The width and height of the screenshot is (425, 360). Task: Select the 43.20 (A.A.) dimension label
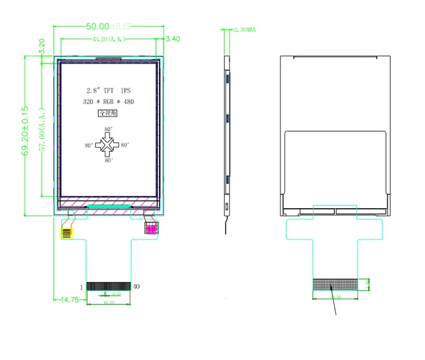point(109,39)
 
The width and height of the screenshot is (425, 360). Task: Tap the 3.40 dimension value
point(173,39)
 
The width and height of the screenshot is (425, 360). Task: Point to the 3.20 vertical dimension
point(41,45)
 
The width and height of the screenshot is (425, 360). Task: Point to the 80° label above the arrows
point(108,130)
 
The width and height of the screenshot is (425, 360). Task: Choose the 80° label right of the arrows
point(125,145)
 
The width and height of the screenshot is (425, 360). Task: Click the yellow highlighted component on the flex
point(67,232)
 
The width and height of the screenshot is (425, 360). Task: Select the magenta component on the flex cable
point(151,228)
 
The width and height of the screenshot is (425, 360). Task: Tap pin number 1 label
point(82,287)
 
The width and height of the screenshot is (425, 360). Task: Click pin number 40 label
point(136,287)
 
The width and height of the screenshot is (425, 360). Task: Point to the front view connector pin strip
point(109,286)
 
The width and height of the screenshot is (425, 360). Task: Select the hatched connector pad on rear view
point(335,284)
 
